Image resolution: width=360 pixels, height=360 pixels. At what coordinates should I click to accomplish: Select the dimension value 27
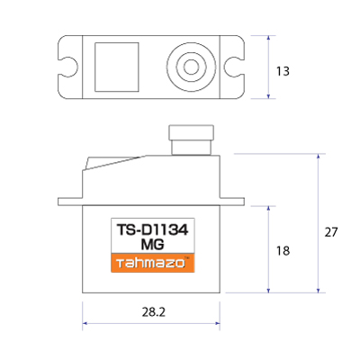(x=330, y=231)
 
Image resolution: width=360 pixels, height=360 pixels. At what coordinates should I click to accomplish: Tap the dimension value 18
(x=283, y=251)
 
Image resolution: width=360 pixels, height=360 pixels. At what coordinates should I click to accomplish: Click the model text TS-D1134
(x=152, y=229)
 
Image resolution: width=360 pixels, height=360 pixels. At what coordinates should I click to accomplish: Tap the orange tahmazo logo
(x=152, y=264)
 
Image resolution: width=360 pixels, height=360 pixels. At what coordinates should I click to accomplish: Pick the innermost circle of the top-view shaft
(x=190, y=66)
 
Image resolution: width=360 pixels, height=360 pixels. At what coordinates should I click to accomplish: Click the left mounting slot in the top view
(x=68, y=66)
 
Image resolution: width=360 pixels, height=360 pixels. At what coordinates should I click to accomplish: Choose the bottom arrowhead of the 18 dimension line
(x=269, y=290)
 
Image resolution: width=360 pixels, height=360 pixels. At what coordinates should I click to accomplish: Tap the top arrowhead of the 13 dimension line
(x=269, y=39)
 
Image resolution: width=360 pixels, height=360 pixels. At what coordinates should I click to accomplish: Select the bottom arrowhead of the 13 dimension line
(x=269, y=94)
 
